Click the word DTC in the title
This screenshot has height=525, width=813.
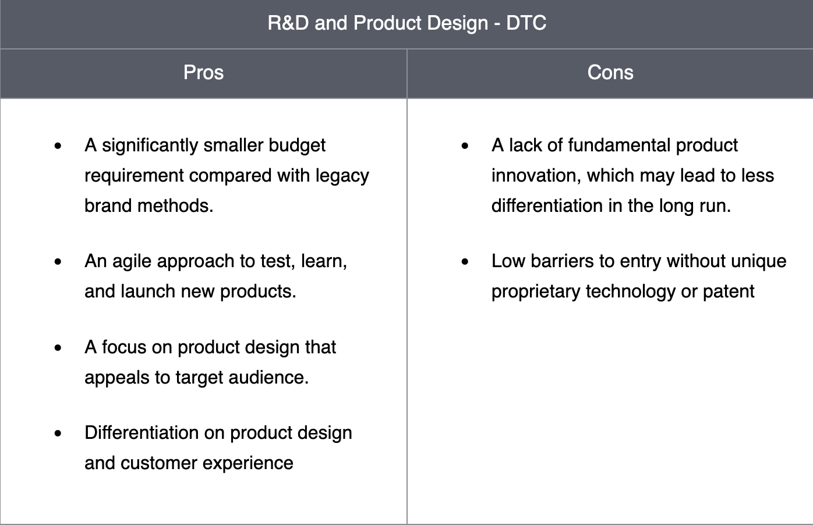pos(526,23)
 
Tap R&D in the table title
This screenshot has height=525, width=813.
pos(288,23)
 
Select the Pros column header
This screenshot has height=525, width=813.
pos(203,72)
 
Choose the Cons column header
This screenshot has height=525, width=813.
pos(610,72)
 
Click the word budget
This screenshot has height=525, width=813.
pos(297,146)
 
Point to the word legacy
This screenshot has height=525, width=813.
pos(342,176)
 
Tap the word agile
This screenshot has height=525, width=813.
pos(132,261)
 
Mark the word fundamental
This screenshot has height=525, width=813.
pos(619,145)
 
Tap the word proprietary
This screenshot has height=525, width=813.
pos(536,292)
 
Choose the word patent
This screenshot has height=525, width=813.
pos(729,292)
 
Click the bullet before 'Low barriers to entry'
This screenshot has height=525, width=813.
pos(465,261)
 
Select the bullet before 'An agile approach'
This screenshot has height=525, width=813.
pos(58,261)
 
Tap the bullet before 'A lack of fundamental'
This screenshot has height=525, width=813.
pos(465,146)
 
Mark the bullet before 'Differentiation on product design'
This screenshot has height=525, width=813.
pos(58,433)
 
